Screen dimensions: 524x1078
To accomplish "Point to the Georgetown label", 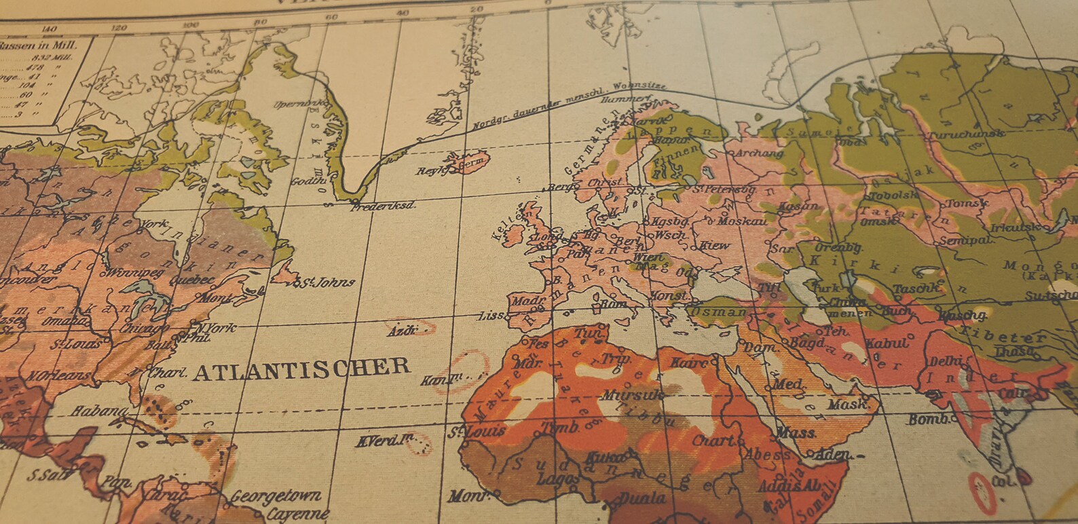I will pyautogui.click(x=275, y=497).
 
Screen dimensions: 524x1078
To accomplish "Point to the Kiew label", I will pyautogui.click(x=714, y=245).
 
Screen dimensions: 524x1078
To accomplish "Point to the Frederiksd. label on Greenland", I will pyautogui.click(x=384, y=205).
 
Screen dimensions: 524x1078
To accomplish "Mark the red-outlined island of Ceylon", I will pyautogui.click(x=980, y=489).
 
